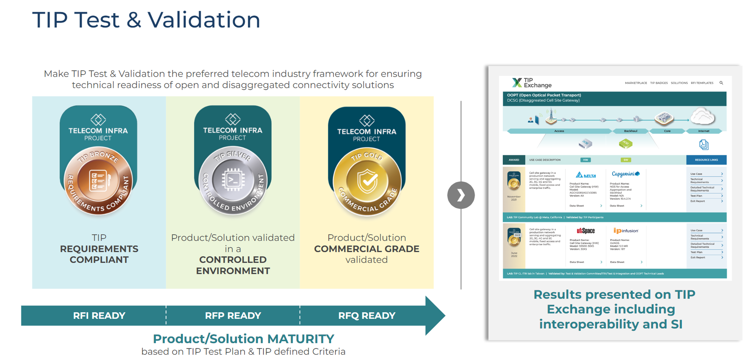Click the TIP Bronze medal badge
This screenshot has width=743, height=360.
pyautogui.click(x=98, y=181)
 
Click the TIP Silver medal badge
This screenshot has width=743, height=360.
pyautogui.click(x=233, y=180)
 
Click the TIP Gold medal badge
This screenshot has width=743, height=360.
pyautogui.click(x=367, y=181)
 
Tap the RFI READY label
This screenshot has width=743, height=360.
pyautogui.click(x=99, y=316)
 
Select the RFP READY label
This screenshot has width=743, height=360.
pyautogui.click(x=233, y=316)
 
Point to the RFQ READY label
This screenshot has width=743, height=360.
pyautogui.click(x=367, y=316)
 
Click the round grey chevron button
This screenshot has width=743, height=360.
pyautogui.click(x=461, y=195)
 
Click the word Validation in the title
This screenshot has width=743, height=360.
pyautogui.click(x=204, y=20)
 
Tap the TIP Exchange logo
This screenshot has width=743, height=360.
pyautogui.click(x=532, y=83)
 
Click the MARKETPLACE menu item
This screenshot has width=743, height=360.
pyautogui.click(x=636, y=83)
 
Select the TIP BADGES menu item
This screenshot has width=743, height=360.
pyautogui.click(x=659, y=83)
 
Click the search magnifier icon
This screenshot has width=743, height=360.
pyautogui.click(x=721, y=83)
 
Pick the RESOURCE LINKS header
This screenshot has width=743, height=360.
pyautogui.click(x=706, y=160)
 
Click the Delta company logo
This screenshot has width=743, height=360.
pyautogui.click(x=586, y=175)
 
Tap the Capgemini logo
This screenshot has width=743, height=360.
pyautogui.click(x=625, y=174)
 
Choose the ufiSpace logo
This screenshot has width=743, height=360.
pyautogui.click(x=586, y=231)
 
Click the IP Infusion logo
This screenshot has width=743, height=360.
pyautogui.click(x=626, y=231)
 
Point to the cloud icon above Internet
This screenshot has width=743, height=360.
pyautogui.click(x=703, y=116)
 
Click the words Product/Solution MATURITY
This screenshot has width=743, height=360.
pyautogui.click(x=243, y=339)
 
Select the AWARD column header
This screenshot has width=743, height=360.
pyautogui.click(x=514, y=160)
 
